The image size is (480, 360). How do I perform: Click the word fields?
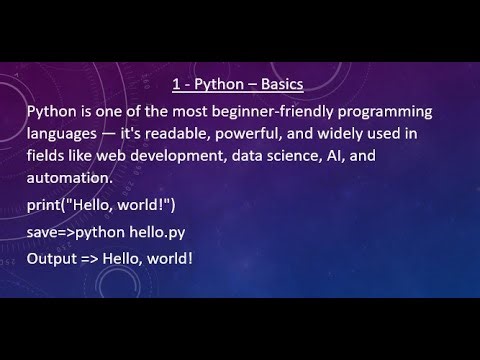click(47, 155)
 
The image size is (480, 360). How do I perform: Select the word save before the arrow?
click(44, 232)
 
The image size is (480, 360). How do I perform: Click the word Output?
click(54, 259)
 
